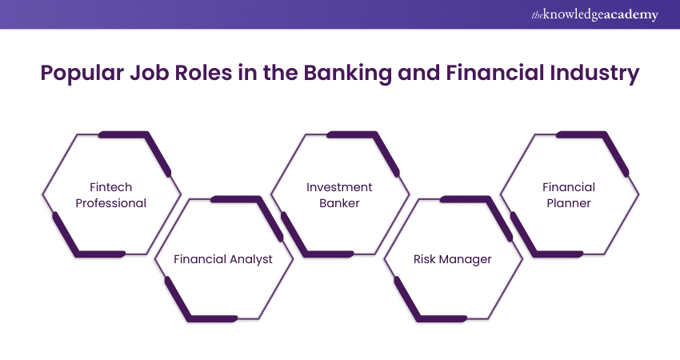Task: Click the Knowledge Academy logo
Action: [596, 15]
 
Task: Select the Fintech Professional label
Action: [111, 195]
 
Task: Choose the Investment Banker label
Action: [339, 195]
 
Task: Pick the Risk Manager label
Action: [453, 259]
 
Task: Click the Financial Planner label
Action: [569, 195]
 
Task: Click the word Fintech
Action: [111, 187]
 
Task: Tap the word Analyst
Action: [251, 259]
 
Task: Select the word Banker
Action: [339, 203]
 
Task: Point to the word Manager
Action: [466, 259]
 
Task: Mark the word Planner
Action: [569, 203]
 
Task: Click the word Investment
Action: [339, 187]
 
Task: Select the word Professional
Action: [111, 203]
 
